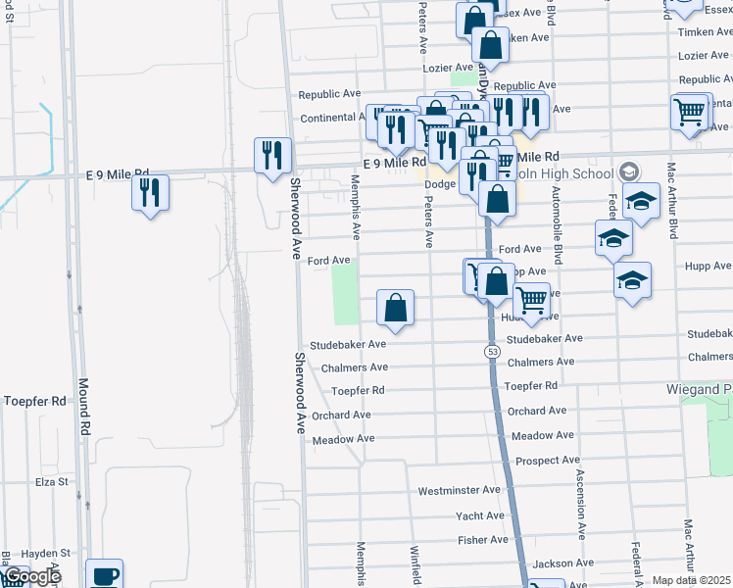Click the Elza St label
50,482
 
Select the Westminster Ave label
460,490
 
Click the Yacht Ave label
480,515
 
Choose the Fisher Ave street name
482,540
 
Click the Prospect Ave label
548,460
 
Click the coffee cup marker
105,575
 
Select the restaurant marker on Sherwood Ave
272,155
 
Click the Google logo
31,576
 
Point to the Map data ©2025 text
692,580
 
